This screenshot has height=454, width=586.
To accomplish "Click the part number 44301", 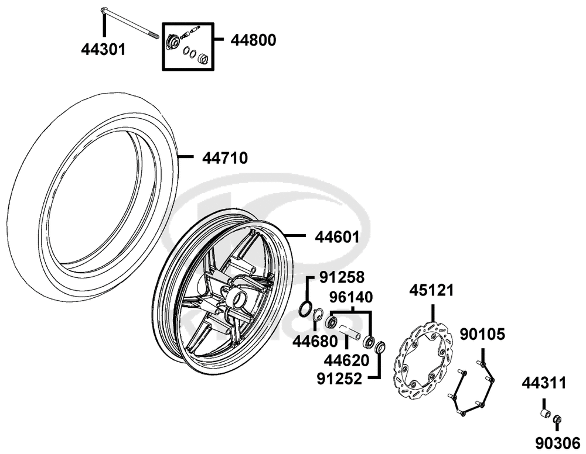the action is pos(104,49).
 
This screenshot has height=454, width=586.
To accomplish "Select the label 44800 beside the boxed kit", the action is pos(253,40).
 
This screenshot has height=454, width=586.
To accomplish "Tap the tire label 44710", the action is pos(225,158).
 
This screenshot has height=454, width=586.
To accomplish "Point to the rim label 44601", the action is pos(337,237).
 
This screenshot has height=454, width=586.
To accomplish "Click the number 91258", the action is pos(342,277).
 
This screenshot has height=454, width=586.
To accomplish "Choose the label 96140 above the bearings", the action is pos(351,297).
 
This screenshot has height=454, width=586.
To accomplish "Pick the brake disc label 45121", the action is pos(431,290).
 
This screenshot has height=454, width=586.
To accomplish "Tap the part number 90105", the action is pos(482,334).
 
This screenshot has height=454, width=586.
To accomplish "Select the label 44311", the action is pos(544,383).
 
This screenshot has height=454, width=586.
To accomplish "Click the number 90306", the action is pos(558,443).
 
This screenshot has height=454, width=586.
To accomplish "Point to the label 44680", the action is pos(315,341).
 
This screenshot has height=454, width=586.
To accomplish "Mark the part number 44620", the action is pos(346,360).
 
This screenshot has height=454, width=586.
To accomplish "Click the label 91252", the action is pos(340,379).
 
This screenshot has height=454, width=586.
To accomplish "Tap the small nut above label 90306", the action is pos(557,419).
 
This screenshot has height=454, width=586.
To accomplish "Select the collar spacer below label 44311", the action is pos(546,414).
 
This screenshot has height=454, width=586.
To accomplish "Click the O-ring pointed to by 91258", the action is pos(305,308).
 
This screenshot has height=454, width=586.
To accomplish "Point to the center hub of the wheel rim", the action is pos(237,298).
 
